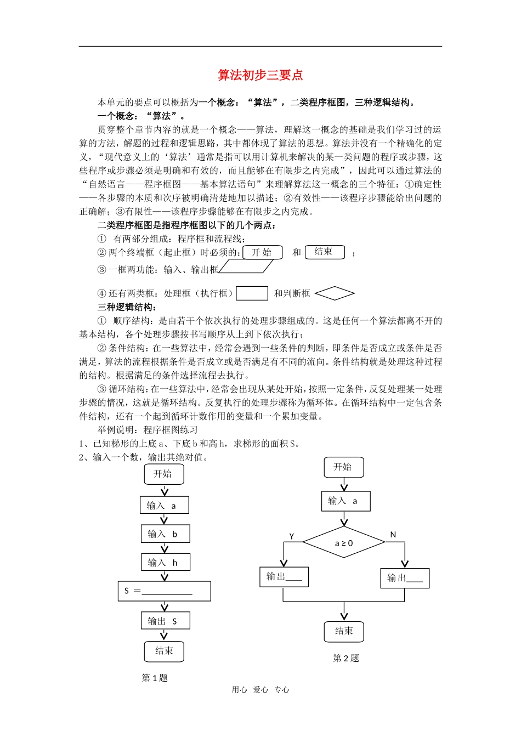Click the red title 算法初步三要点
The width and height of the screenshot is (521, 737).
[260, 75]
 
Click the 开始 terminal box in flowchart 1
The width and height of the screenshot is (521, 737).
[163, 474]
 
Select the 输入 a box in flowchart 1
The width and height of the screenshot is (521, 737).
[165, 506]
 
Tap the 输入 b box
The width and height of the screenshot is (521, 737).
[166, 534]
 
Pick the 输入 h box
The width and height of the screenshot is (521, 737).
[166, 563]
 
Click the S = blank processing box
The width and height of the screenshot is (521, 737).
[165, 591]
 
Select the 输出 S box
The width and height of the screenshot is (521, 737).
[166, 621]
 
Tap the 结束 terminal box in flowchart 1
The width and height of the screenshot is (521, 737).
[164, 651]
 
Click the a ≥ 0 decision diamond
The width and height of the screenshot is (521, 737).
[344, 543]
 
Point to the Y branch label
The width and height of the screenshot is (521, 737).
[292, 536]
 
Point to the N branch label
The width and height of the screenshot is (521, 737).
[393, 535]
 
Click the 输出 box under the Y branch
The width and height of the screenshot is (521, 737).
[284, 577]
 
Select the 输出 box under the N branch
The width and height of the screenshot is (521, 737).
[405, 578]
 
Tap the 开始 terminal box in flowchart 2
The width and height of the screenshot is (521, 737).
[343, 467]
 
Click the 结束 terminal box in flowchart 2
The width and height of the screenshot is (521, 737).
[344, 632]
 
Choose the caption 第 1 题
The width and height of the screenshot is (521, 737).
[155, 678]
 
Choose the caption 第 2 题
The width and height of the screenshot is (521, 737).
[346, 659]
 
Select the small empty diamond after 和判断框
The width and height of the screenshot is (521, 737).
[335, 293]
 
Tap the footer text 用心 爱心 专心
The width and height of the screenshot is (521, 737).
[260, 690]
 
